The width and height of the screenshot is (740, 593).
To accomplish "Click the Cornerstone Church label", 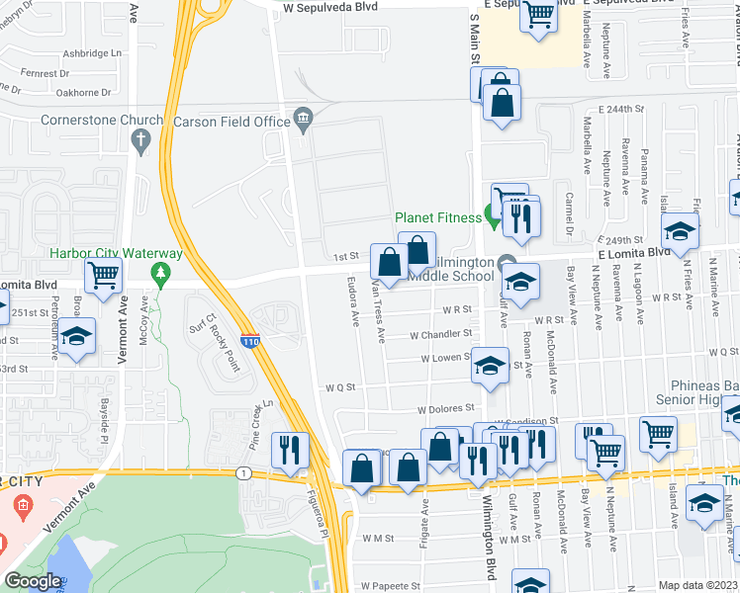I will click(x=86, y=121).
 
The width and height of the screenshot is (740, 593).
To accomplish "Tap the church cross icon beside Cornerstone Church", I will click(x=143, y=136).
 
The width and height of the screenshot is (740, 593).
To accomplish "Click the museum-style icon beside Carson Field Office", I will click(x=303, y=121).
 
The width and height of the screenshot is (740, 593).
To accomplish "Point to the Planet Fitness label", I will click(x=438, y=218).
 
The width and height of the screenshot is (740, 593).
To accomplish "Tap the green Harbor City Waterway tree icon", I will click(x=156, y=272).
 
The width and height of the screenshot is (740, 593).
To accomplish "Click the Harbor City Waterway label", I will click(x=103, y=252).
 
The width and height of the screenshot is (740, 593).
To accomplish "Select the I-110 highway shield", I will click(x=252, y=340).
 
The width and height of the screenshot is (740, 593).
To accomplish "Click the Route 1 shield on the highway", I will click(x=242, y=473).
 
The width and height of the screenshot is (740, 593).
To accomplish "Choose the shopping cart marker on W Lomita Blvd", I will click(x=103, y=276).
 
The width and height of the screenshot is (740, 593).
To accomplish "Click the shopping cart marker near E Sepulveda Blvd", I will click(x=538, y=15).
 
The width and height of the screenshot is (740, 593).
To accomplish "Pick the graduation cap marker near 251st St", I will click(x=76, y=335).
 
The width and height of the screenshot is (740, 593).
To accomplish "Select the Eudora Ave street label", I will click(x=353, y=301).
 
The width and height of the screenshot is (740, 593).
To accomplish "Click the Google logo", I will click(x=33, y=581).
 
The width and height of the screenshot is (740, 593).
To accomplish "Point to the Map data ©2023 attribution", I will click(x=698, y=585).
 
